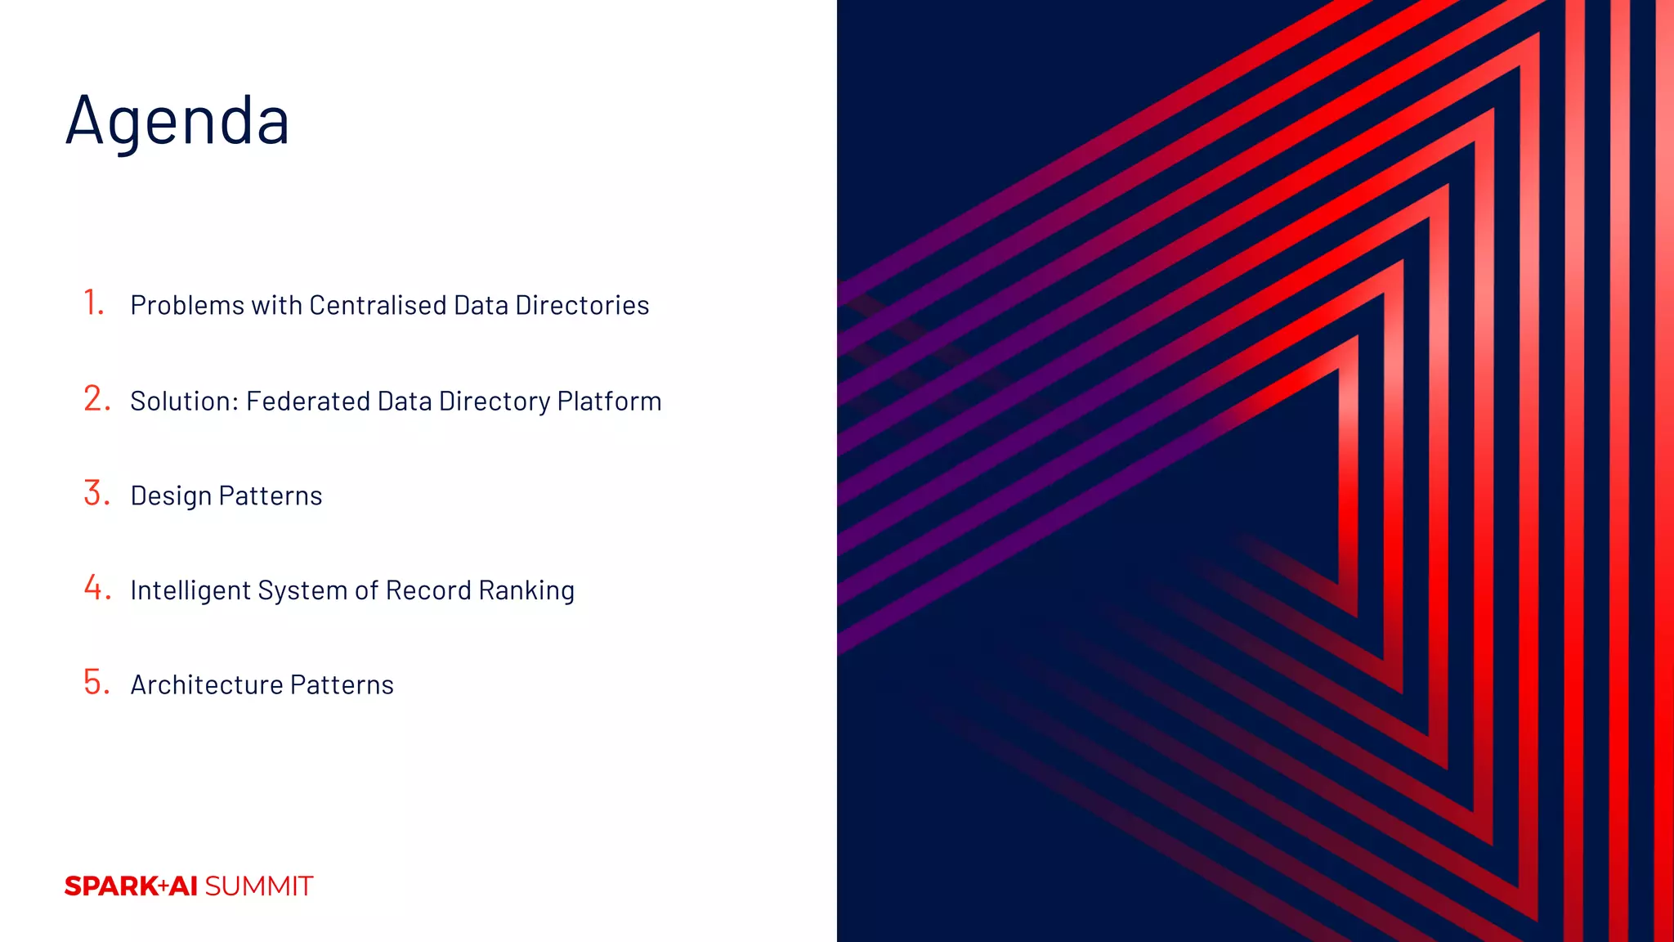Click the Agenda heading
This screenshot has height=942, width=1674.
pyautogui.click(x=177, y=121)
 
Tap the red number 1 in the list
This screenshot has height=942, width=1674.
pyautogui.click(x=94, y=303)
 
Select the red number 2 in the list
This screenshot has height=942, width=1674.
pyautogui.click(x=96, y=399)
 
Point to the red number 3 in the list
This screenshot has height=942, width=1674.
pyautogui.click(x=96, y=493)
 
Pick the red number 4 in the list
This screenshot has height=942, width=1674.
pyautogui.click(x=96, y=588)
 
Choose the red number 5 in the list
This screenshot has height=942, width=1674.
pyautogui.click(x=96, y=682)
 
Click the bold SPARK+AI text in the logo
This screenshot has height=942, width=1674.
pyautogui.click(x=131, y=886)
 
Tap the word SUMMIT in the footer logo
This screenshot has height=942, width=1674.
pyautogui.click(x=258, y=886)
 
